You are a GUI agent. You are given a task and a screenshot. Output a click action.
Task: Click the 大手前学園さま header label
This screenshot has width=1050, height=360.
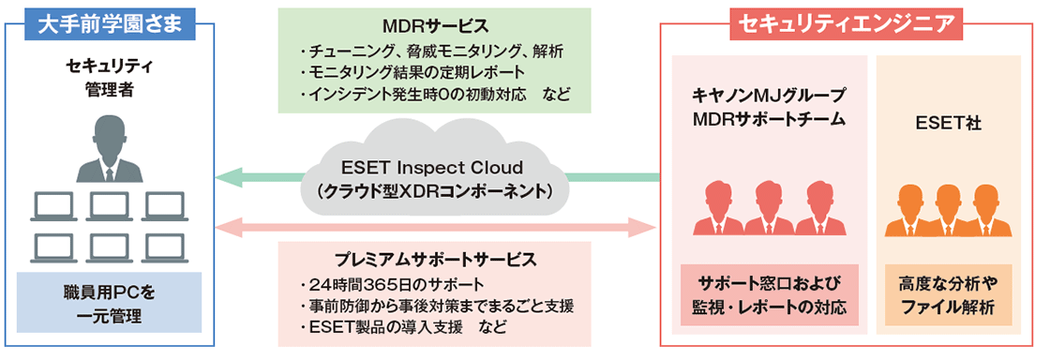point(110,24)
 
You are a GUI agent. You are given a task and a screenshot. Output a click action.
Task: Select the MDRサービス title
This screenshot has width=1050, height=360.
point(435,27)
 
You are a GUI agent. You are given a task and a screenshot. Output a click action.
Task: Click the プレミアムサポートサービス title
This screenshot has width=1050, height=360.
point(435,259)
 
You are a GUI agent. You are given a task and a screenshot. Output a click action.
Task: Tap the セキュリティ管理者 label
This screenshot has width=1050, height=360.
point(109,77)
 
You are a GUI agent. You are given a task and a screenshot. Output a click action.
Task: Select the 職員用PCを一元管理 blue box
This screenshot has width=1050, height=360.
point(109,303)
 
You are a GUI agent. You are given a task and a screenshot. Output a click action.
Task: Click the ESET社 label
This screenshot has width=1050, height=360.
point(950,125)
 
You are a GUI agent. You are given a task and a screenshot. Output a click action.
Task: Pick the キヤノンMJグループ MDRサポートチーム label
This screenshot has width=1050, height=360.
point(770,107)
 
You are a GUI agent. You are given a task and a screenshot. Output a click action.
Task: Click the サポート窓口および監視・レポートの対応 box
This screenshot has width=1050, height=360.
point(770,295)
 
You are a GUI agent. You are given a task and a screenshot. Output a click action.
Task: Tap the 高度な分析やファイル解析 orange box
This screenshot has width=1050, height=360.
point(949,295)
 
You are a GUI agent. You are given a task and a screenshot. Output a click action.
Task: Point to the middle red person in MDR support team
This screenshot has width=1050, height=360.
point(770,208)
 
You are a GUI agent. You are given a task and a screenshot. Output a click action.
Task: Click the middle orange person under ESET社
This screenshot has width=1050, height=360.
point(949,208)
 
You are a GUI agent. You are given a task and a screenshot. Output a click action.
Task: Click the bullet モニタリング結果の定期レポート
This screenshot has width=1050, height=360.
point(412,71)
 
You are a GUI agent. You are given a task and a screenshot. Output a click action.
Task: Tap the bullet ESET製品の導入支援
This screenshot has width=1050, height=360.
point(402,328)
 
